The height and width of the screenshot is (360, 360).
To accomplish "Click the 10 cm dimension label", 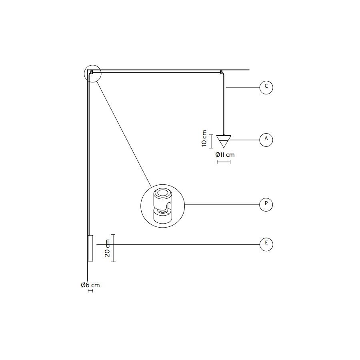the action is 204,138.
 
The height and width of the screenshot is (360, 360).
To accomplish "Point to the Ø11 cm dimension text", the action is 225,155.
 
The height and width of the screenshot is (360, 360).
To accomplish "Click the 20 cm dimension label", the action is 107,248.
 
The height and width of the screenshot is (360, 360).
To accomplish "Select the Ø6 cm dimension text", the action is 90,285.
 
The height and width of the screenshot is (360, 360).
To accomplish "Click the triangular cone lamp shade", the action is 224,141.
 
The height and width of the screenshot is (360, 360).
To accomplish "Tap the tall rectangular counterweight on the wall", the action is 90,248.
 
